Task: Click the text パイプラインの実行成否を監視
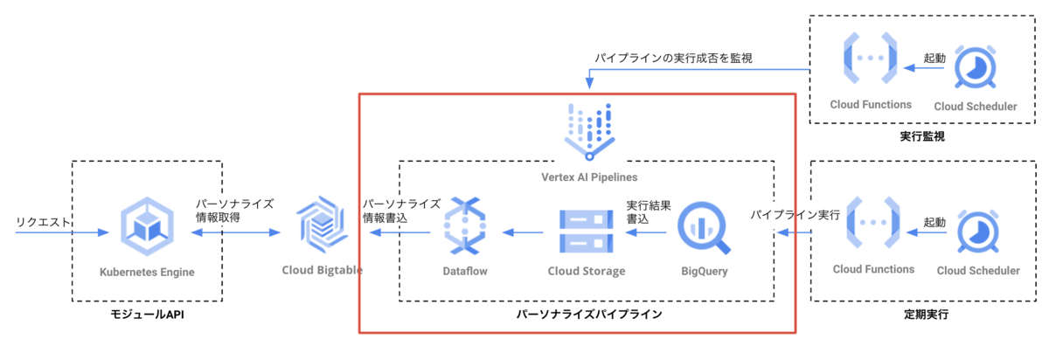coord(673,58)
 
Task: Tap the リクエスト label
coord(41,223)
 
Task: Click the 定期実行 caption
coord(926,313)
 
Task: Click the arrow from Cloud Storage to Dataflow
coord(522,232)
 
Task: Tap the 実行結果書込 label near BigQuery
coord(650,212)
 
